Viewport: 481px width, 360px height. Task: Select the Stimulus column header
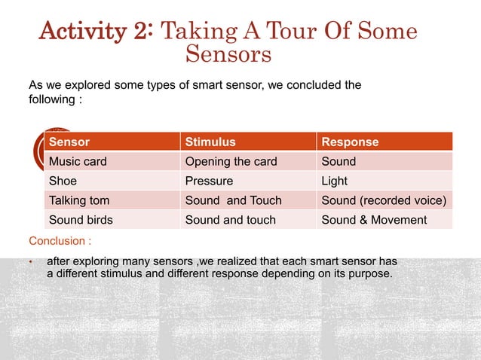coord(210,142)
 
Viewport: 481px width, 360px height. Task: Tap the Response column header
coord(350,142)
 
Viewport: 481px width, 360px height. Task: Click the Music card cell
coord(78,161)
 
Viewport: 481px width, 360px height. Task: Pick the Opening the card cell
coord(231,161)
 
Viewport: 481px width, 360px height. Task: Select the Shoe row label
coord(63,181)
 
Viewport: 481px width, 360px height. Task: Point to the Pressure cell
coord(209,181)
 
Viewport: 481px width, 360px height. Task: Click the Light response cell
coord(333,181)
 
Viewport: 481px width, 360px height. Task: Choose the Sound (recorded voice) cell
coord(384,200)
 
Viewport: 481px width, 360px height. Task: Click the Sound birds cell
coord(80,220)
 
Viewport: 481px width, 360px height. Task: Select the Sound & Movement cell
coord(374,220)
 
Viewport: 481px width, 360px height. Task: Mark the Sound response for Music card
coord(339,161)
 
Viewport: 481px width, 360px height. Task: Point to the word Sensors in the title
coord(228,55)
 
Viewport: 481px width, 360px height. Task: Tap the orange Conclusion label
coord(60,242)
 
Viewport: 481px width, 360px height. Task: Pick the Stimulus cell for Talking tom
coord(233,200)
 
